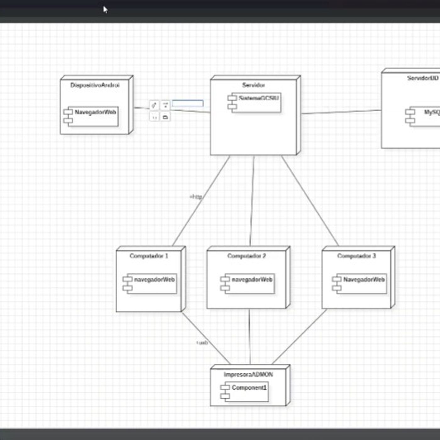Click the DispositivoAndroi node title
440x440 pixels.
point(95,85)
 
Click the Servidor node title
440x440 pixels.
point(253,85)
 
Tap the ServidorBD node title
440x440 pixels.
point(423,78)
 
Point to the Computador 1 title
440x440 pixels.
point(149,256)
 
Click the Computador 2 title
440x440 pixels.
point(247,256)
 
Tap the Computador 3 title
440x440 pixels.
point(356,256)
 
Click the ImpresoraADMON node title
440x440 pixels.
point(248,374)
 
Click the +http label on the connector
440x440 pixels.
point(196,197)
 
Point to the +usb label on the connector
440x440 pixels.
point(202,343)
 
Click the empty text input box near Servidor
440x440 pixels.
point(188,103)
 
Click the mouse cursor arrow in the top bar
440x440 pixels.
point(105,10)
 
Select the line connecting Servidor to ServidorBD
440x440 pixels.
point(341,112)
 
